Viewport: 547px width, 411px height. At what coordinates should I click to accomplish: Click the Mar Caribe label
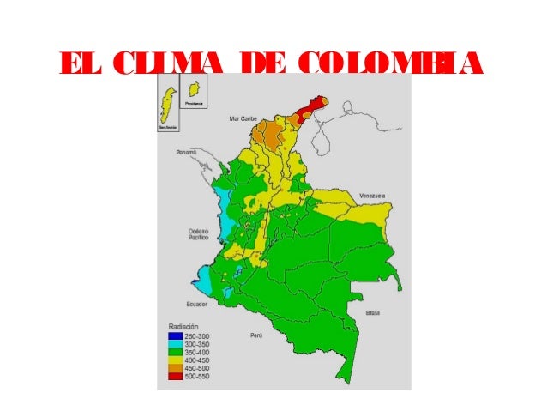pos(242,118)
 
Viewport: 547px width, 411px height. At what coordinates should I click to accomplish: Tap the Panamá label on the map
pos(187,152)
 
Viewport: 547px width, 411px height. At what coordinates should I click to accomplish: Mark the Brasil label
pos(372,314)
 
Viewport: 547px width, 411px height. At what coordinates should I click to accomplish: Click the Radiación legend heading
pos(181,328)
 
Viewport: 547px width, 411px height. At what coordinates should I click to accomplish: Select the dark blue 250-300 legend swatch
pos(171,336)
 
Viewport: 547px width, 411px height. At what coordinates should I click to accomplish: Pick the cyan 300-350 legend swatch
pos(171,344)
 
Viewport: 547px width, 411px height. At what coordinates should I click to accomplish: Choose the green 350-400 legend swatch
pos(171,352)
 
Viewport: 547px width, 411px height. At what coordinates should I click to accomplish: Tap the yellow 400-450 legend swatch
pos(171,360)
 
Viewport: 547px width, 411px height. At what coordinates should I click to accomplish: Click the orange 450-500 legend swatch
pos(171,367)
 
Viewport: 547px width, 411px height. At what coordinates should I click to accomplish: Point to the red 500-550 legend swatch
pos(171,375)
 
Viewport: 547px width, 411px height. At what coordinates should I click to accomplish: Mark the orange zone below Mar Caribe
pos(273,134)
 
